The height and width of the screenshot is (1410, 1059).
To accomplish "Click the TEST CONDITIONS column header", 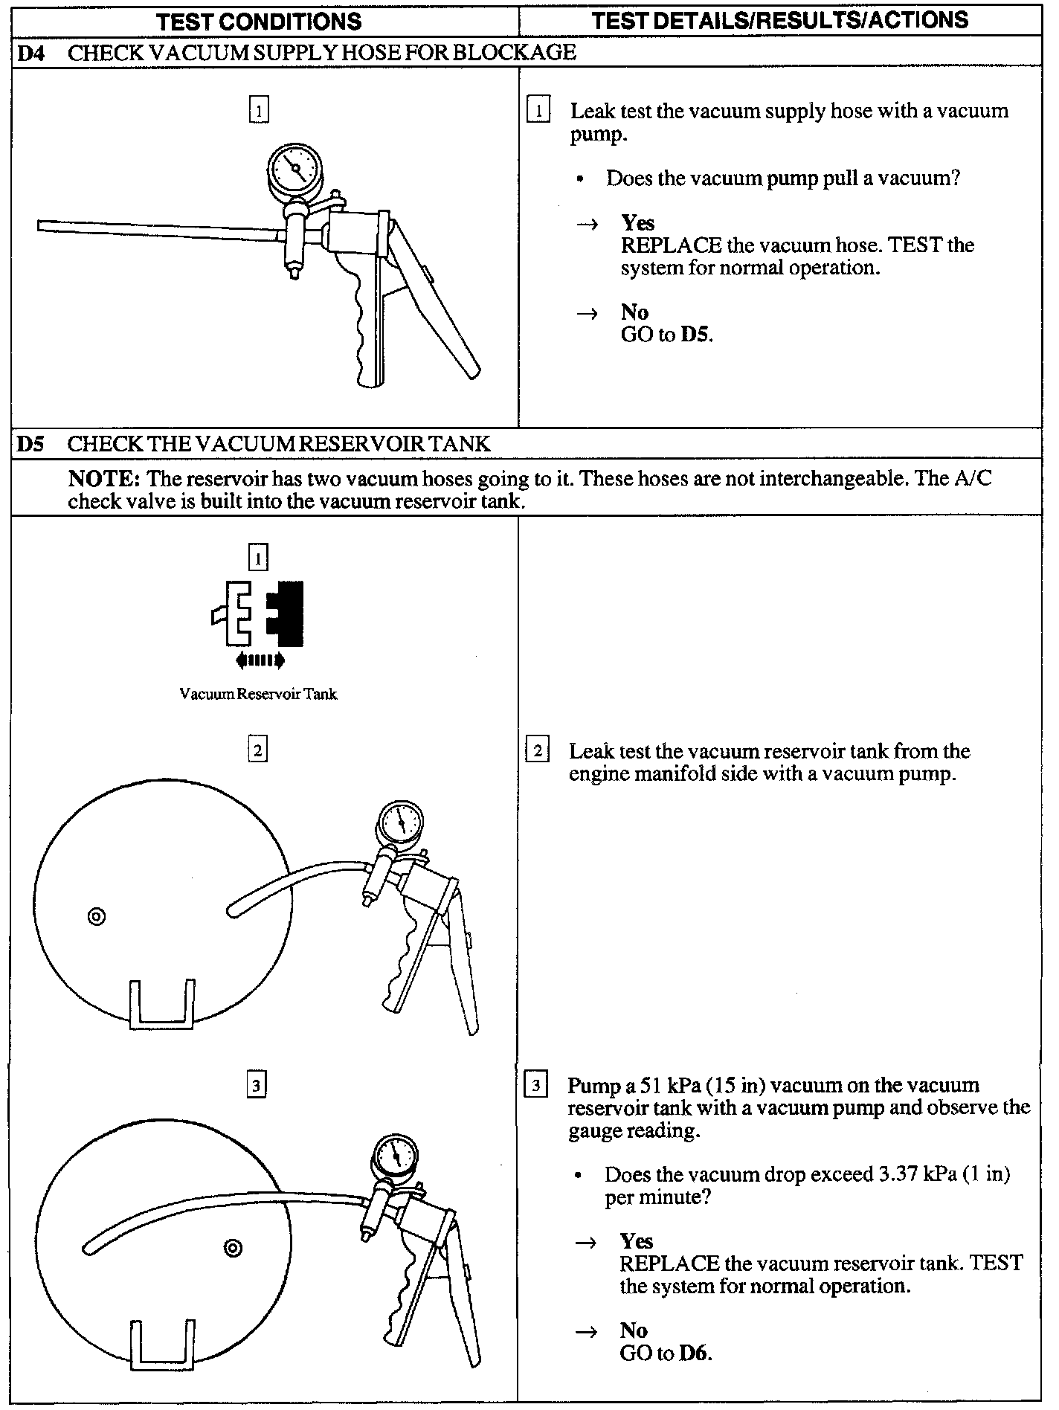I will [x=260, y=21].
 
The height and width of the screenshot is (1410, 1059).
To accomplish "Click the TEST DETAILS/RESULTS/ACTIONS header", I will [x=781, y=19].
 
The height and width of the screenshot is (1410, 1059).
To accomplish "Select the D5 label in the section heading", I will [x=31, y=444].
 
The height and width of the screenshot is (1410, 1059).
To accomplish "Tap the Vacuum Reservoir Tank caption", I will [x=258, y=694].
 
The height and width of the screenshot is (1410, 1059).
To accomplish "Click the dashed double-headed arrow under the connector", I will [x=260, y=659].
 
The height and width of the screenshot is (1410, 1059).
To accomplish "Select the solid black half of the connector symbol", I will [x=287, y=613].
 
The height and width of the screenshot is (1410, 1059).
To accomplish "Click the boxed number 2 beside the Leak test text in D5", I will [x=537, y=750].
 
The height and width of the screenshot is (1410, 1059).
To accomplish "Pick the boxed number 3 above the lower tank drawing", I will [x=257, y=1086].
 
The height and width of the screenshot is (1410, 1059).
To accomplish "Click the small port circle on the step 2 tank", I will [x=96, y=916].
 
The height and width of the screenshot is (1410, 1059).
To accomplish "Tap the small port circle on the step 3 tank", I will [x=233, y=1248].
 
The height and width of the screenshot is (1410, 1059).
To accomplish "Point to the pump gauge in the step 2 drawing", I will [x=400, y=823].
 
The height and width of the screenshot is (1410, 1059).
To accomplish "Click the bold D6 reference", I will [x=695, y=1352].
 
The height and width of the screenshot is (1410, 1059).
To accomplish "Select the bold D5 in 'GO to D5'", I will [x=695, y=335].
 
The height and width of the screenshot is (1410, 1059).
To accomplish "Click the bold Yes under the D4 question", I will [x=638, y=223].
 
